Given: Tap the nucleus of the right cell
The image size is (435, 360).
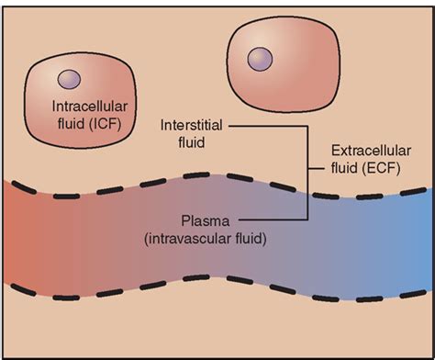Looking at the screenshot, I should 261,60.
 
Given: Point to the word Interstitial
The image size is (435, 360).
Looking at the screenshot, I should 189,125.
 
